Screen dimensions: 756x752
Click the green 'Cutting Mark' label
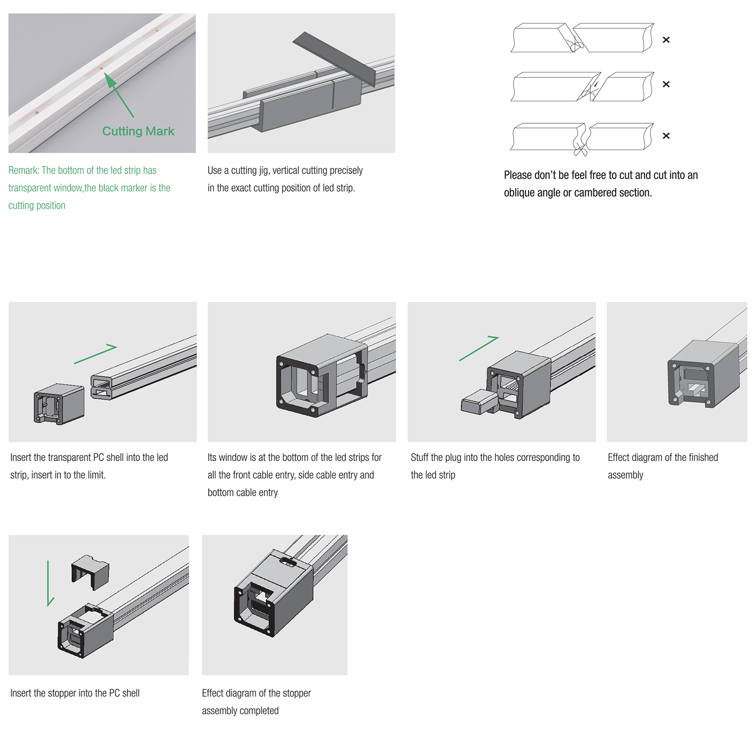click(x=138, y=131)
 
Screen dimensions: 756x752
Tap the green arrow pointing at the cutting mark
click(x=119, y=95)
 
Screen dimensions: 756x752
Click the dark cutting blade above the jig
click(x=335, y=58)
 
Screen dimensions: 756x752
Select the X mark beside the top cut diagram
click(x=666, y=40)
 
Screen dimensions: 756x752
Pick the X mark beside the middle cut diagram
click(x=666, y=84)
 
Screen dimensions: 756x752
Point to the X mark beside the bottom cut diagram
click(x=666, y=136)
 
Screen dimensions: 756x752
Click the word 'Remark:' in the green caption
click(x=24, y=171)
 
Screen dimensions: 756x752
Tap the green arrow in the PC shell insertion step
click(x=96, y=354)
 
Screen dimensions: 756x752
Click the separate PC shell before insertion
click(x=59, y=404)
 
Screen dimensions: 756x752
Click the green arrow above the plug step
click(x=479, y=348)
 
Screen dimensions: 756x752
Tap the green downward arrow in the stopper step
click(x=49, y=583)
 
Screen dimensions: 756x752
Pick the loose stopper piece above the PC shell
click(x=90, y=572)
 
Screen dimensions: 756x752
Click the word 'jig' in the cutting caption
click(x=264, y=171)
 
